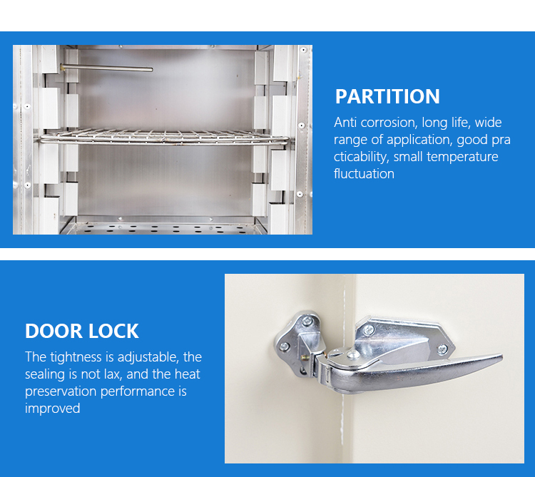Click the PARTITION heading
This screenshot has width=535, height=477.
coord(387,96)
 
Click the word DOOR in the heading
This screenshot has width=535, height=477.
coord(53,331)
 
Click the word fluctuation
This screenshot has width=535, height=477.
coord(364,174)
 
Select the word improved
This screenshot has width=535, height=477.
coord(52,409)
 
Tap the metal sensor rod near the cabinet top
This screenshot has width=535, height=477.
coord(107,69)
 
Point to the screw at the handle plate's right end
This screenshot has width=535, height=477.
coord(443,349)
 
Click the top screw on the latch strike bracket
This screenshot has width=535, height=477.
coord(307,322)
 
